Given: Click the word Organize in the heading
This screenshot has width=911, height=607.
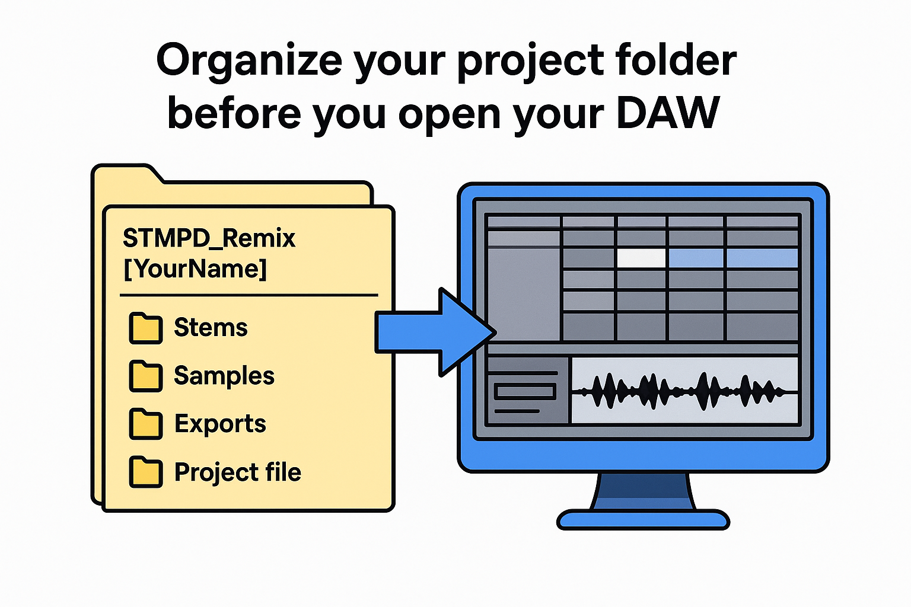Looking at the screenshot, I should point(249,61).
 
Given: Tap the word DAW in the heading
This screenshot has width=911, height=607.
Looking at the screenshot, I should point(668,113).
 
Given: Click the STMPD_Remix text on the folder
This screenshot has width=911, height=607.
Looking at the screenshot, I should point(209,238).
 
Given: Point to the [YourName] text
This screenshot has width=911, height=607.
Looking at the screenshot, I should point(195,269).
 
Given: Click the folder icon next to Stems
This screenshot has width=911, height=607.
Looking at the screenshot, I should point(145,328).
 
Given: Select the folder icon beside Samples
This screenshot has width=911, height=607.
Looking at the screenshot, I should point(145,376).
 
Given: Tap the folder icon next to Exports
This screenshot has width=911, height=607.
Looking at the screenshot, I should point(145,424).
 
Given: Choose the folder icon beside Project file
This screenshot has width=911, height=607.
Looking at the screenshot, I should point(145,472).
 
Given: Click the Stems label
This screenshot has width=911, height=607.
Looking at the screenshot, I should point(211,328).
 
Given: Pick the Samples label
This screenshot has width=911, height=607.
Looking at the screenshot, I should point(224,376).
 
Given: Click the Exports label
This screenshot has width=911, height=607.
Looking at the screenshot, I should point(220,424).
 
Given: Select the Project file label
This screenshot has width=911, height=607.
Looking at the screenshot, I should point(237,472).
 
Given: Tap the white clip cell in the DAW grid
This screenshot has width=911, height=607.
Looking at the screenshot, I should point(641,258).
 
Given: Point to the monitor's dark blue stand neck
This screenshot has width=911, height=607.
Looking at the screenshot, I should point(643,492).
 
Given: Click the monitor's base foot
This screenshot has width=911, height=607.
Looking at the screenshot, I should point(643,520).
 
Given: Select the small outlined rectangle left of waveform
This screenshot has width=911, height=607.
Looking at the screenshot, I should point(525,391).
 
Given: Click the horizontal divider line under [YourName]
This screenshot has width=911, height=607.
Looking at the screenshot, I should point(249,295).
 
